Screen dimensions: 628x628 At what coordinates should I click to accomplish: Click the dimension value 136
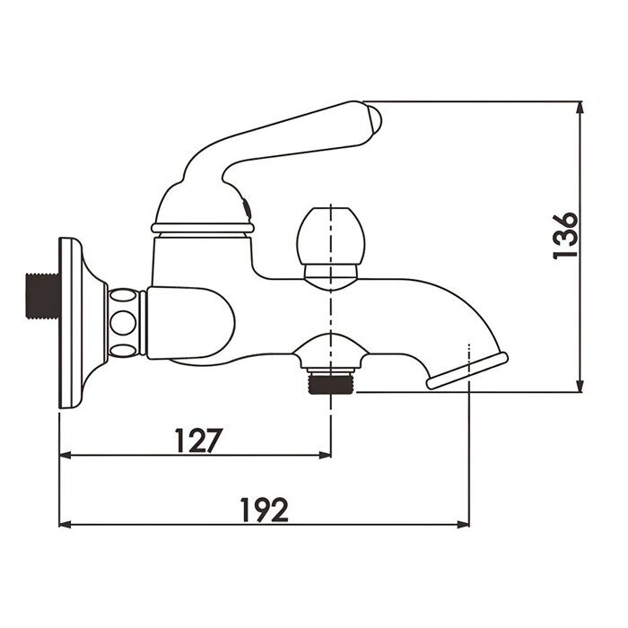tap(566, 236)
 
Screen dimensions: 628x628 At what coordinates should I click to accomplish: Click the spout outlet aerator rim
tap(467, 371)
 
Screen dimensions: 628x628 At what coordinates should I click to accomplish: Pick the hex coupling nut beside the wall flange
tap(126, 323)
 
